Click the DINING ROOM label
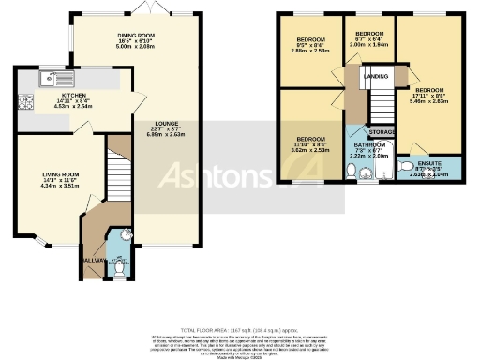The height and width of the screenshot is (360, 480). click(x=138, y=35)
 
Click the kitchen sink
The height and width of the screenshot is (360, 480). click(x=54, y=78)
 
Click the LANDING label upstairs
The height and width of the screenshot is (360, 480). click(x=376, y=77)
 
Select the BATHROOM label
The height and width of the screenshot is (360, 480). click(x=365, y=145)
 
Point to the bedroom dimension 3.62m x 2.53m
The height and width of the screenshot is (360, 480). click(x=311, y=149)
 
